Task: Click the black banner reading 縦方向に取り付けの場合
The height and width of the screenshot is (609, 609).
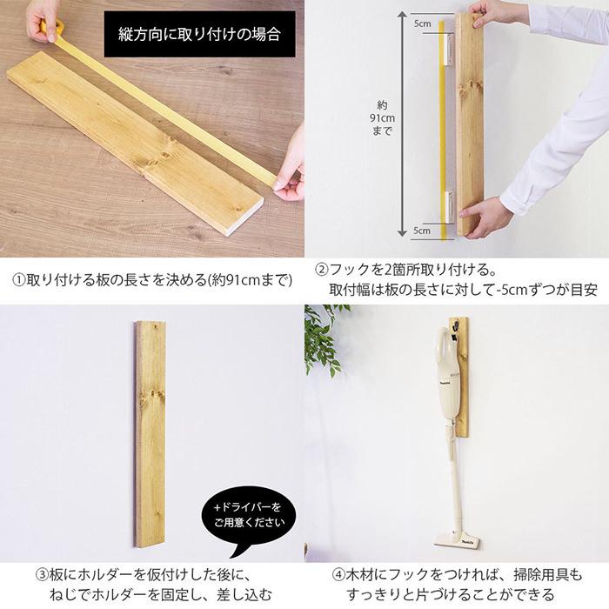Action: tap(199, 34)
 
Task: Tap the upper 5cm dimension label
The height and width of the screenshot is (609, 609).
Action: tap(422, 23)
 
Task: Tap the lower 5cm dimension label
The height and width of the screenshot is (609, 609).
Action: tap(422, 231)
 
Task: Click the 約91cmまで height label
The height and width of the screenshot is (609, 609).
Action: tap(382, 117)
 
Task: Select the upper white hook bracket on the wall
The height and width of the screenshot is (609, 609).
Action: tap(450, 50)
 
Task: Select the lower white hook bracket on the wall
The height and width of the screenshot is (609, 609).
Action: tap(450, 207)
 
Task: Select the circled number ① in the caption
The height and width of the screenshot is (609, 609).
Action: tap(19, 280)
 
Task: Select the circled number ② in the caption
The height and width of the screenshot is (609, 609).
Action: tap(321, 270)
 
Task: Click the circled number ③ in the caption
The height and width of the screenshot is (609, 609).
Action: tap(42, 574)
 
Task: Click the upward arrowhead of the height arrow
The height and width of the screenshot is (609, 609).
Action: tap(402, 16)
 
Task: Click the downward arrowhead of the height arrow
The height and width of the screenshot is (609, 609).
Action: tap(402, 233)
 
